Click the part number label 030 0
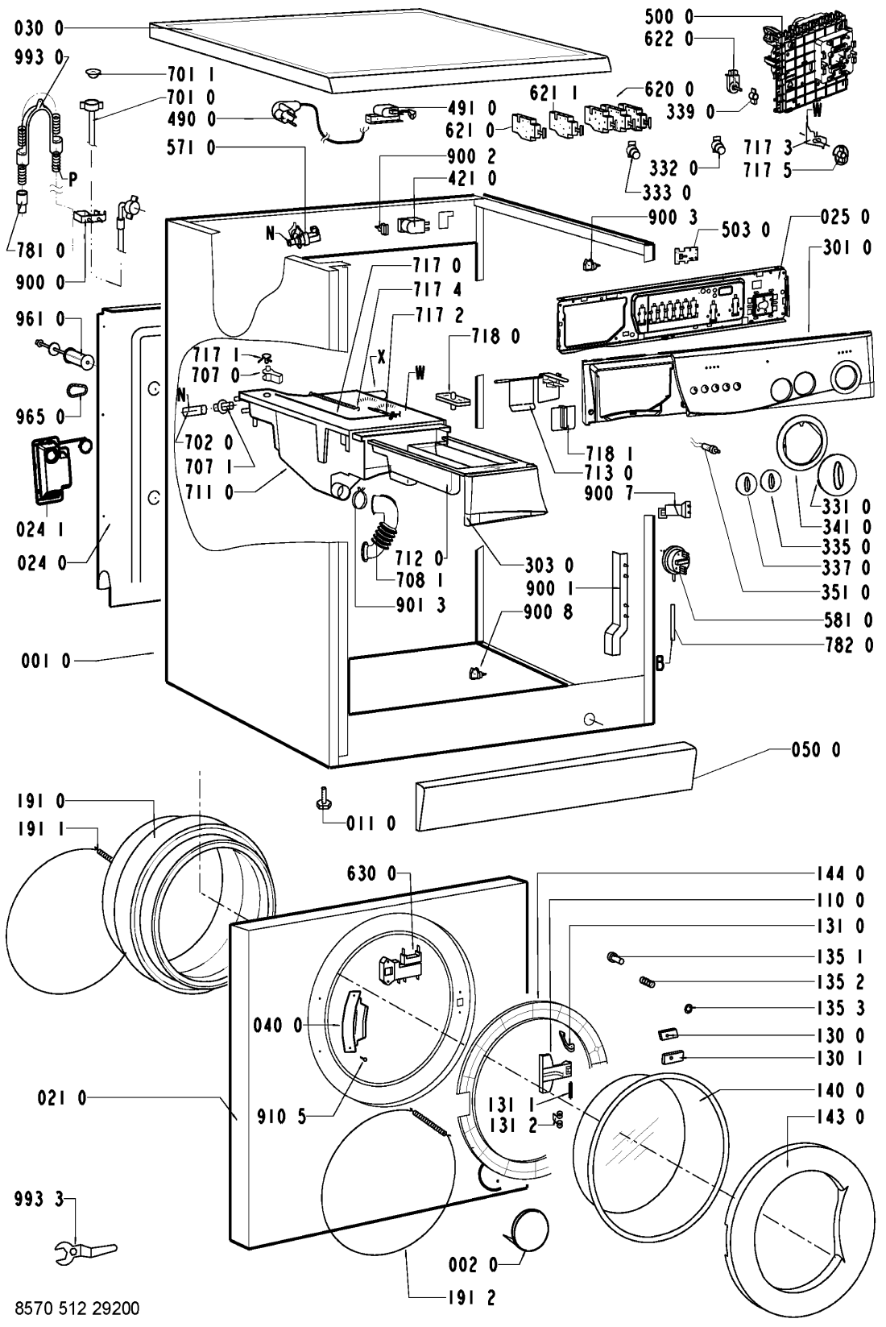coord(37,29)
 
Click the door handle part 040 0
coord(353,1023)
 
